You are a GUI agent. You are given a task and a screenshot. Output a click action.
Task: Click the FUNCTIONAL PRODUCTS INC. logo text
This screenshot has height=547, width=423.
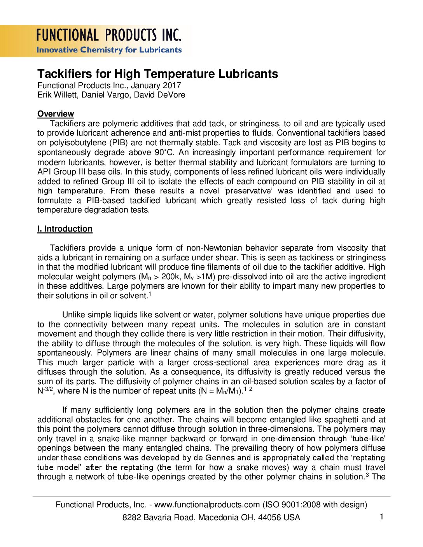click(x=109, y=35)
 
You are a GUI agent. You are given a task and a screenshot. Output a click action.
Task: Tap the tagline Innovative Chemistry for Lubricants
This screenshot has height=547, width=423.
click(x=109, y=50)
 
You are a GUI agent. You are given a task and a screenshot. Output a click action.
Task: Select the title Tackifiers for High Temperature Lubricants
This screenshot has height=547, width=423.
click(x=157, y=74)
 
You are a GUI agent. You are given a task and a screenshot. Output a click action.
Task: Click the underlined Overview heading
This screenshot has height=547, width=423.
click(x=56, y=114)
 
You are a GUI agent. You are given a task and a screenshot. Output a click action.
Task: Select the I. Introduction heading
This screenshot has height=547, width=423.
click(x=65, y=229)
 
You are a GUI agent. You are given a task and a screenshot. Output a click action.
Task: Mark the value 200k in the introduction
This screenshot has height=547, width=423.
click(x=170, y=277)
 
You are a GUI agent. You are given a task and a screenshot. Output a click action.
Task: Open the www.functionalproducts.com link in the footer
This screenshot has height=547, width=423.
click(x=207, y=505)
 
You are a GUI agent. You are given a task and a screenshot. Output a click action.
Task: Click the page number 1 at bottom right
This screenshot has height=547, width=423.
click(x=381, y=517)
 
